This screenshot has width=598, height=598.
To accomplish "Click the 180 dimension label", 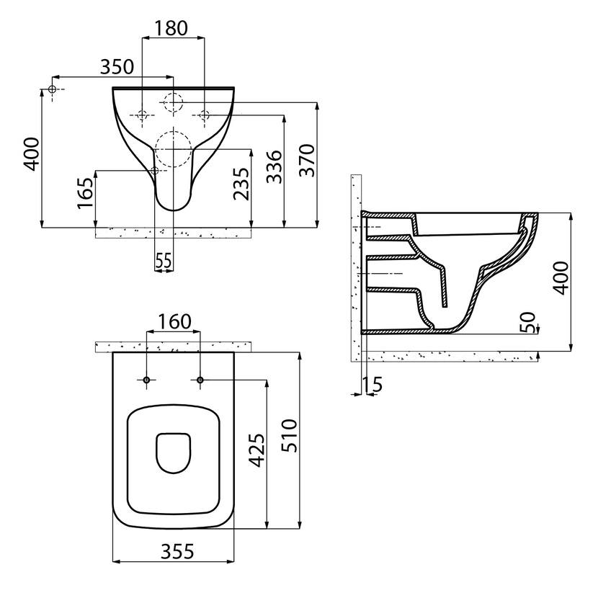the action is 171,28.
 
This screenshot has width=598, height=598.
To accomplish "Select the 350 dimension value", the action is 117,67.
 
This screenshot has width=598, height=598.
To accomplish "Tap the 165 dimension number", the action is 86,193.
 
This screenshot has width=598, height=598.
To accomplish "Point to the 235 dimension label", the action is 241,184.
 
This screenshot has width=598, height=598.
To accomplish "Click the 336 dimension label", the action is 275,166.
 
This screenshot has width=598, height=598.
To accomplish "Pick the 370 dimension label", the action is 307,160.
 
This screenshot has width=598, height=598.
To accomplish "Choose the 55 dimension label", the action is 164,262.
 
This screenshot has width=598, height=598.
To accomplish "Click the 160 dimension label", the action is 174,321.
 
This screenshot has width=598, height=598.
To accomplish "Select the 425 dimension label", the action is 257,450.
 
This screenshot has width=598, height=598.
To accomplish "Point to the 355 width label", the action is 177,551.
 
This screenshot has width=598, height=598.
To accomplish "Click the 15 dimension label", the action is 372,385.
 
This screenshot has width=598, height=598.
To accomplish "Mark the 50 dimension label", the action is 528,322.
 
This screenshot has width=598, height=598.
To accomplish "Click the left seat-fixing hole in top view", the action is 147,380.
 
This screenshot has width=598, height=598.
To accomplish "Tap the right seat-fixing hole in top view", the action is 200,380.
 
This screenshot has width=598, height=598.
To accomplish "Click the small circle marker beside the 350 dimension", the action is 53,89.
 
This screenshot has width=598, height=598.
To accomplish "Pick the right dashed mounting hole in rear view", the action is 205,115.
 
